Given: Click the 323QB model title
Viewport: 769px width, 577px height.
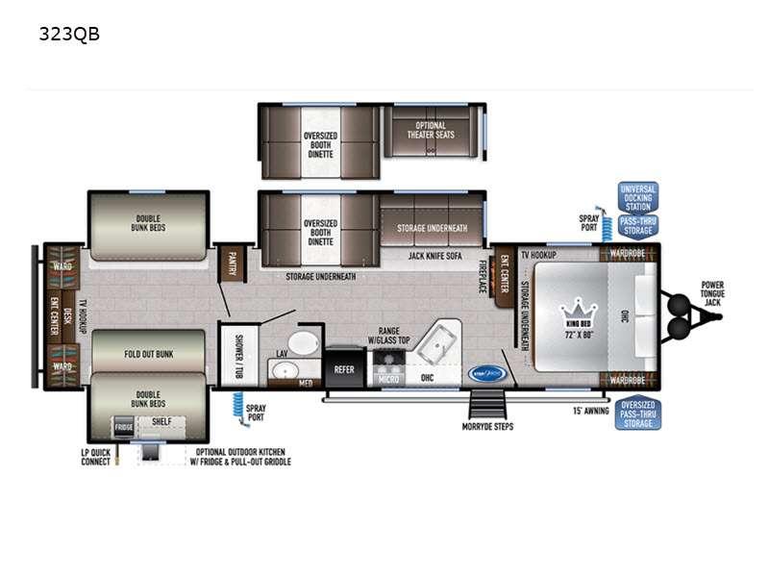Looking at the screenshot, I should [x=69, y=35].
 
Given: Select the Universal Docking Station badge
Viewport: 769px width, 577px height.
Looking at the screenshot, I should [x=637, y=197].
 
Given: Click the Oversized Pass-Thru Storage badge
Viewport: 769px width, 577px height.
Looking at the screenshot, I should [x=637, y=414].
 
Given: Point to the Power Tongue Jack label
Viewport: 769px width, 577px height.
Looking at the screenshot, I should [x=712, y=293].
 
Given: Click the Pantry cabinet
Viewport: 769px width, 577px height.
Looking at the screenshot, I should [x=232, y=263].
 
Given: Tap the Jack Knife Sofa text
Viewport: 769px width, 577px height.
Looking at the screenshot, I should [x=436, y=255].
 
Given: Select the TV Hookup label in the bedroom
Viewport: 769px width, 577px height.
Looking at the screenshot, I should [x=539, y=256].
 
